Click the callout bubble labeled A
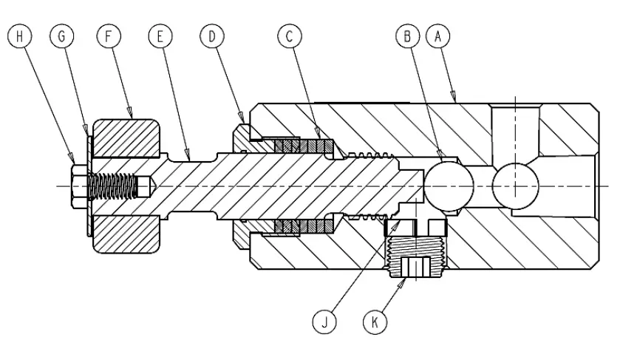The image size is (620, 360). coord(440,35)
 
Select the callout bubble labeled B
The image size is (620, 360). coord(407,35)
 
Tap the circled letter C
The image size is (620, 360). coord(290,35)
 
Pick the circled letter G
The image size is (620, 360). coord(62,35)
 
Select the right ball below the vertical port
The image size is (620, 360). coord(514,185)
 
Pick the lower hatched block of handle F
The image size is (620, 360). coord(125,232)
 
